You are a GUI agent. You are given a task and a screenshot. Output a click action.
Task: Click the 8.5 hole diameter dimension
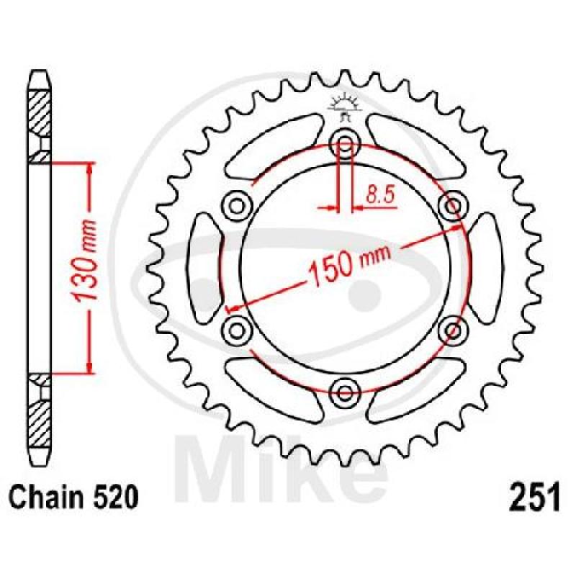point(380,194)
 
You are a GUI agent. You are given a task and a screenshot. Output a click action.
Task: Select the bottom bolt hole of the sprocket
point(344,392)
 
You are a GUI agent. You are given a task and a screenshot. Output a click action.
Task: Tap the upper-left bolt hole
point(237,206)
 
